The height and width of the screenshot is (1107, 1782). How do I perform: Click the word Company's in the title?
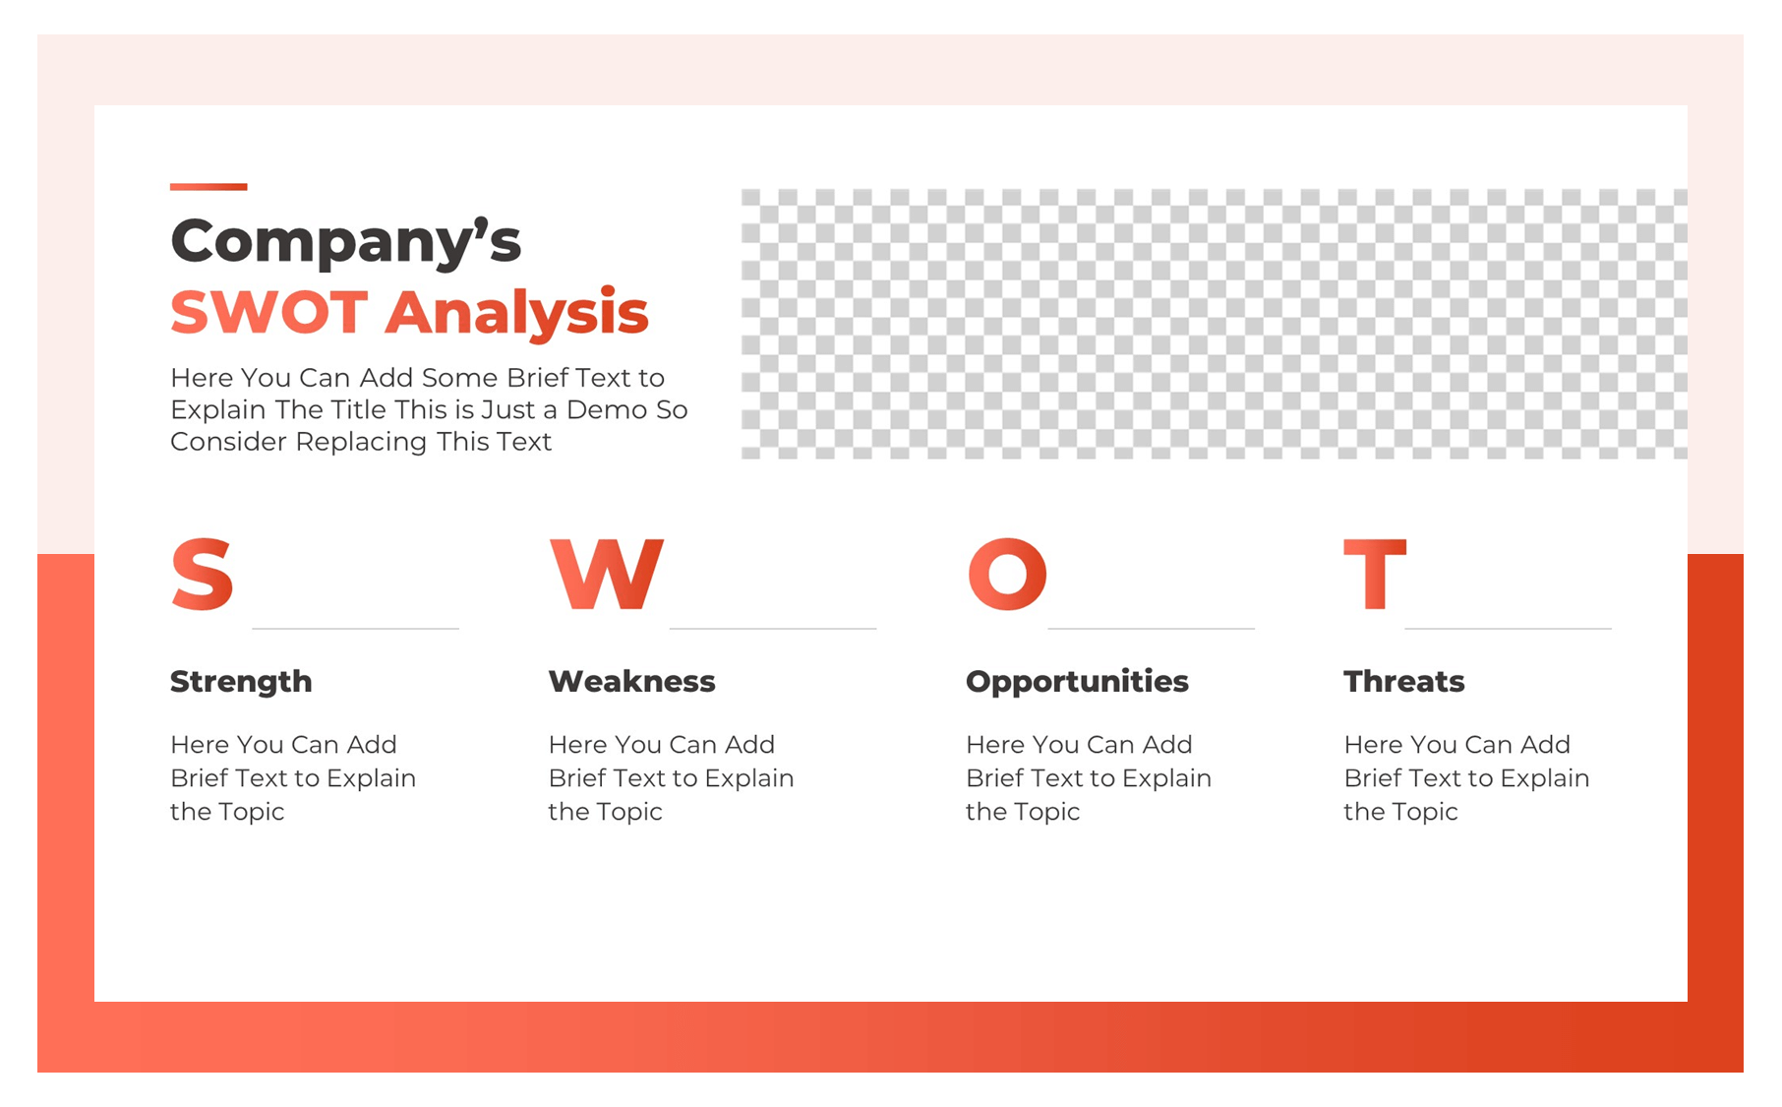point(345,242)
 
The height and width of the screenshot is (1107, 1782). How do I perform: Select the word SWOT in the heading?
point(268,313)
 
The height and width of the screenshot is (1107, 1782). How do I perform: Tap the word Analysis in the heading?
point(516,313)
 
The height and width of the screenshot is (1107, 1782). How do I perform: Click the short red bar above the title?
point(208,186)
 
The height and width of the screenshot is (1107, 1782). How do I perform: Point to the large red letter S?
point(202,575)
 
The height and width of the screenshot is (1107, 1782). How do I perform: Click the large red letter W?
point(606,575)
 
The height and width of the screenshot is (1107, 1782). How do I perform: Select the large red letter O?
point(1007,575)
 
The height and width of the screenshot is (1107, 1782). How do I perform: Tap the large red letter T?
point(1375,575)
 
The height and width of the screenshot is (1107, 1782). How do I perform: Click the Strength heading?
point(241,681)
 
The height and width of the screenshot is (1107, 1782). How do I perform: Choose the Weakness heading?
point(631,681)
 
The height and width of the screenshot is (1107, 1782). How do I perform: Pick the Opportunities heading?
point(1077,681)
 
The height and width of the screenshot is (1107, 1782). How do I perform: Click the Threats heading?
point(1403,681)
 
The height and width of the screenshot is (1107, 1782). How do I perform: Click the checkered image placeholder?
point(1214,324)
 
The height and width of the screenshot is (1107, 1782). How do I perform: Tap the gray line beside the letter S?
point(355,628)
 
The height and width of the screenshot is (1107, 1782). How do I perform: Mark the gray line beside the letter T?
point(1508,628)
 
